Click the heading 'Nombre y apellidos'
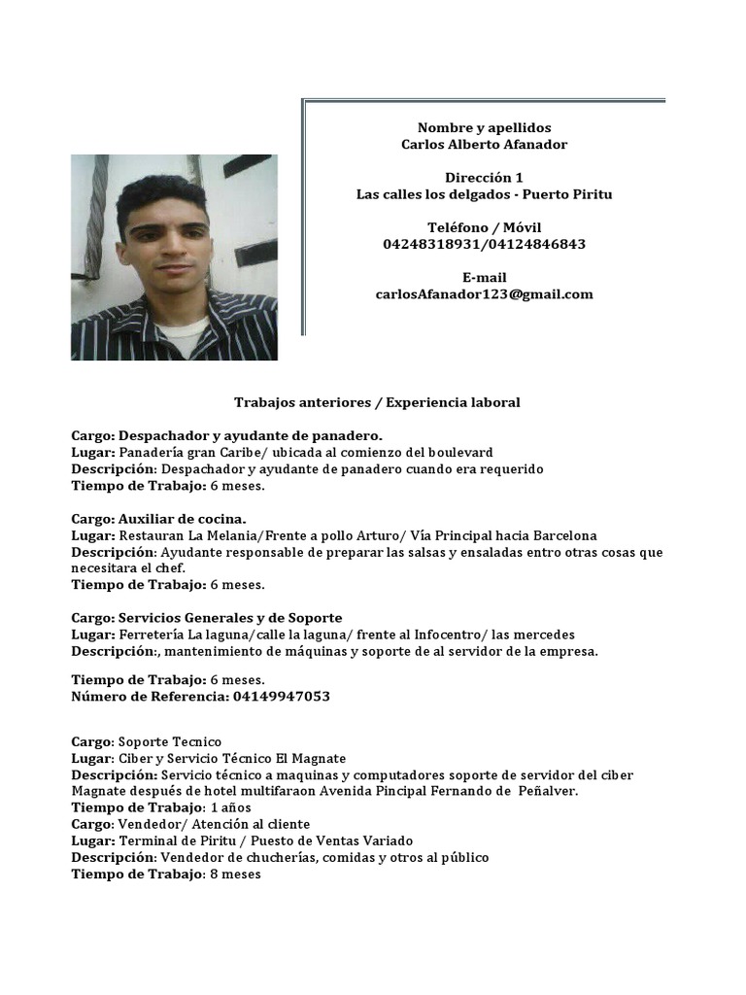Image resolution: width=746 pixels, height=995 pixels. pos(484,127)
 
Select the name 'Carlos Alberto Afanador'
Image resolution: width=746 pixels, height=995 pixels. pos(484,144)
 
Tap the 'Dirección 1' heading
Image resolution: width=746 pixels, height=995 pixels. pos(484,178)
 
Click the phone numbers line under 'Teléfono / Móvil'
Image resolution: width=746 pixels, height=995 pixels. pos(484,244)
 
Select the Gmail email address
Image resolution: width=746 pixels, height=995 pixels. pos(484,294)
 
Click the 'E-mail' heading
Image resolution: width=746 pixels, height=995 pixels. pos(484,278)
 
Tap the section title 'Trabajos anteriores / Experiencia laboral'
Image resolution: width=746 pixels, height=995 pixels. pos(377,402)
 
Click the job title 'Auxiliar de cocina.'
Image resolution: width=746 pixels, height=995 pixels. pos(183,519)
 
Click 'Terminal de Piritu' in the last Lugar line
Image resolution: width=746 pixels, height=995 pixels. pos(176,841)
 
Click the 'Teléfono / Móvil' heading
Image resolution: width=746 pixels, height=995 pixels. pos(484,227)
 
